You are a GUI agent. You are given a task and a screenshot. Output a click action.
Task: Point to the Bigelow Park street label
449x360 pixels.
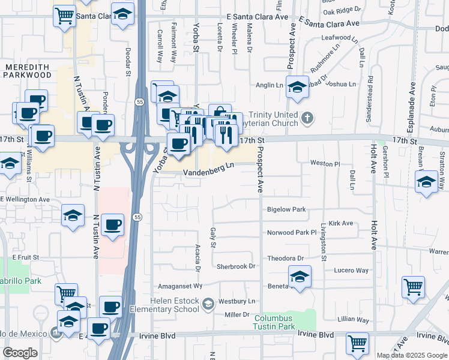(286, 209)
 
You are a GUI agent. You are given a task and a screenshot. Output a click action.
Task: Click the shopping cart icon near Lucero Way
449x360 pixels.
(413, 286)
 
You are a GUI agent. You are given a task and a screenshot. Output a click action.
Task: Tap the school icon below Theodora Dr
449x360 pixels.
(299, 276)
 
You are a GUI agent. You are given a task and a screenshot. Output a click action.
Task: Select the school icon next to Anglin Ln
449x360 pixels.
(297, 86)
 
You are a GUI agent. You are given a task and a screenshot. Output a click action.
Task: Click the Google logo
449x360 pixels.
(20, 352)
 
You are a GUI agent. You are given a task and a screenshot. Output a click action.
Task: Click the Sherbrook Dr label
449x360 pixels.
(236, 266)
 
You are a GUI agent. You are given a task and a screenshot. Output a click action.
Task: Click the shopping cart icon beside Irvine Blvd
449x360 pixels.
(357, 343)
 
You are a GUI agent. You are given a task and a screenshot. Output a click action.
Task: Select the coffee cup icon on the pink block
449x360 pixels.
(112, 224)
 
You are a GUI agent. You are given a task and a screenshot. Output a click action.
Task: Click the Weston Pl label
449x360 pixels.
(325, 163)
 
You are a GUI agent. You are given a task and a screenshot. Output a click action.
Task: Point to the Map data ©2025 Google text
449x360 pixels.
(412, 355)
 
